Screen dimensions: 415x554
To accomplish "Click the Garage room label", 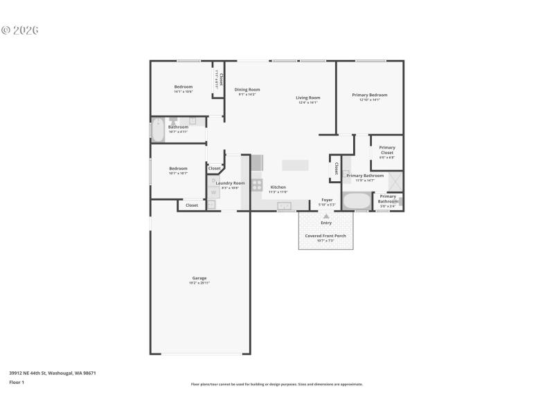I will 199,278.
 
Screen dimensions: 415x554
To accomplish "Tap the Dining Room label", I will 247,89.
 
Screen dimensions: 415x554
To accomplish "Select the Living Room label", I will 307,98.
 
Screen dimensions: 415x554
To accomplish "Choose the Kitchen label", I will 278,187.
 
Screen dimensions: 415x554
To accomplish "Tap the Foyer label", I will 327,200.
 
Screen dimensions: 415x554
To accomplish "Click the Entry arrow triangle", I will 326,216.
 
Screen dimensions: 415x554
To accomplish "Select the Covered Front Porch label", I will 325,236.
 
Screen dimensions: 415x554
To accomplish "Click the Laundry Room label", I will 230,183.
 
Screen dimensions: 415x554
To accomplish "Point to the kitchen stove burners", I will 257,185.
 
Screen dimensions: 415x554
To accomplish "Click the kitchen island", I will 296,165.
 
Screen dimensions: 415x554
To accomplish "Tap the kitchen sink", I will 284,205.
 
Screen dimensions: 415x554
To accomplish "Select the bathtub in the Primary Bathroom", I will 357,201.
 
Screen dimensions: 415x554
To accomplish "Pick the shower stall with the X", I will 393,180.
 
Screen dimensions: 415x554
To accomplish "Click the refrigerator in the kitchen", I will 258,163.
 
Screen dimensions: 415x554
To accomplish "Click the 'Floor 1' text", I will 16,382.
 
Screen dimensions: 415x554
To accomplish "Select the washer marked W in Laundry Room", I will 212,194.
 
